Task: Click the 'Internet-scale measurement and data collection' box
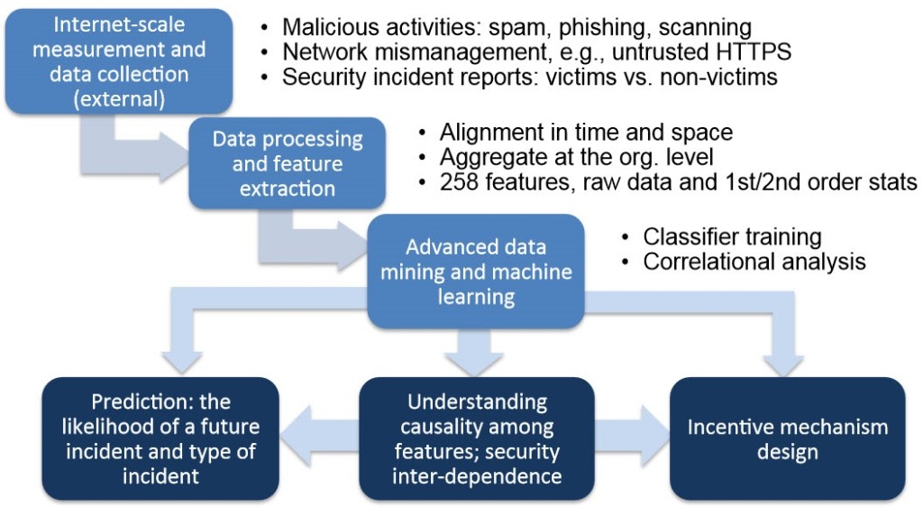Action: [120, 61]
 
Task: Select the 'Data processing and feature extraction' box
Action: [288, 163]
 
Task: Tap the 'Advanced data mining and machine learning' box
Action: [476, 271]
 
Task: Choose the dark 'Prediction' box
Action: [160, 438]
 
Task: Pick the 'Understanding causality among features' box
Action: [477, 438]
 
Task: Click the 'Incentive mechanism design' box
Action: [788, 438]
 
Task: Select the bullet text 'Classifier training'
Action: [732, 236]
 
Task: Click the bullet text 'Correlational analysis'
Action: [754, 262]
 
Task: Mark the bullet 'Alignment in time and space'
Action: [586, 133]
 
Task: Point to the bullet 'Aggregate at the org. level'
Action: [576, 157]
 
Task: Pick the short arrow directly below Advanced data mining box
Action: [474, 352]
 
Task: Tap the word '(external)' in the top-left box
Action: [120, 99]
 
